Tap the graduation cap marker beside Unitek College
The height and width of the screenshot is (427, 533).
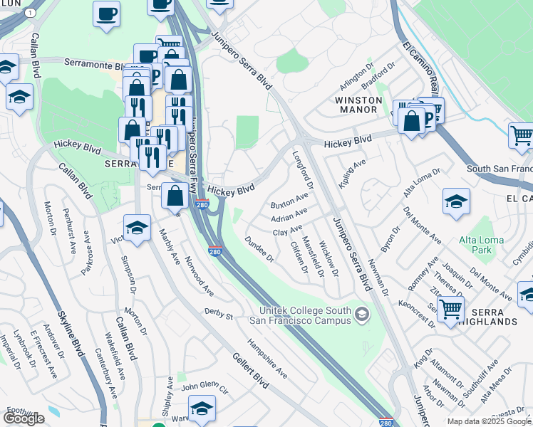(362, 315)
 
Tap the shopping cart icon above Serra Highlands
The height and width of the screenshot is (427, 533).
(450, 310)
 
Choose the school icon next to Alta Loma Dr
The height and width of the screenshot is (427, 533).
(456, 202)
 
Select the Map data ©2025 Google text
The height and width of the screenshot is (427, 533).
(489, 421)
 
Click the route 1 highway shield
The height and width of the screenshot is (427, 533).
(29, 14)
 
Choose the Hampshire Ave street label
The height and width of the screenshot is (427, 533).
(274, 362)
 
